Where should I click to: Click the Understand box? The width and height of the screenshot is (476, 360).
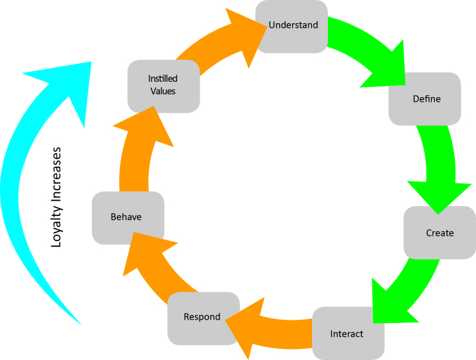292,26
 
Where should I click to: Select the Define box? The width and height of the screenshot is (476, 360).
425,99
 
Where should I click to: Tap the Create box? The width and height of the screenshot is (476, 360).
440,233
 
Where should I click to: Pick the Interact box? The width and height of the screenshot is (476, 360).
347,333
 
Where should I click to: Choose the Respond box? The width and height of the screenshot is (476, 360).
202,318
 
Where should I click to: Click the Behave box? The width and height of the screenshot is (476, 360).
128,217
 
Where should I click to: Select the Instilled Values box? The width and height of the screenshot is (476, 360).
163,85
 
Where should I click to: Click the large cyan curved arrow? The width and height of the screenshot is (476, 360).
20,198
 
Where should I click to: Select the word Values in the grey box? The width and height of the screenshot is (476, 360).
163,91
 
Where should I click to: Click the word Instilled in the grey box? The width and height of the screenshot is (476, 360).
163,79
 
